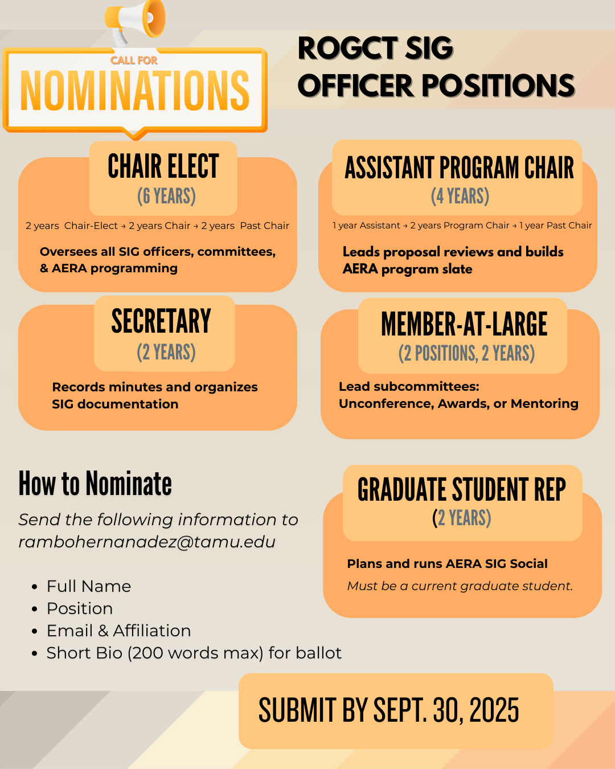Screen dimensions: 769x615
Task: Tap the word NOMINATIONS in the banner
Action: pyautogui.click(x=135, y=91)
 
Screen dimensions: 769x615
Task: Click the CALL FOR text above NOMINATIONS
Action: pyautogui.click(x=134, y=60)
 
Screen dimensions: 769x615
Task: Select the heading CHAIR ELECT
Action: pyautogui.click(x=163, y=166)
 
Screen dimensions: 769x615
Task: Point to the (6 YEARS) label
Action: pyautogui.click(x=166, y=197)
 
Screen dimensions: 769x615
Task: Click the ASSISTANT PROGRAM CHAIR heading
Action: pyautogui.click(x=459, y=168)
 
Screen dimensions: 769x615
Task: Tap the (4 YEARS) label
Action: pyautogui.click(x=460, y=197)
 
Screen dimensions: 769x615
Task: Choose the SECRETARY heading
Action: pyautogui.click(x=161, y=321)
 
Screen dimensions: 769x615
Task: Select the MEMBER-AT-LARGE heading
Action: pyautogui.click(x=464, y=325)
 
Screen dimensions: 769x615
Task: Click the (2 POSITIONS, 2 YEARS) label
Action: pyautogui.click(x=466, y=354)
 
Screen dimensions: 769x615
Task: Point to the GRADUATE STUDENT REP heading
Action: pyautogui.click(x=461, y=490)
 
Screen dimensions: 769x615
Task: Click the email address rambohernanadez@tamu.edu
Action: pyautogui.click(x=147, y=542)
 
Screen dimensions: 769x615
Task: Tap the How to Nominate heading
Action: pyautogui.click(x=95, y=484)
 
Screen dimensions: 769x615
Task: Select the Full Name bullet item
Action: pyautogui.click(x=89, y=586)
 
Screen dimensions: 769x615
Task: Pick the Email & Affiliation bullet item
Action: pyautogui.click(x=118, y=631)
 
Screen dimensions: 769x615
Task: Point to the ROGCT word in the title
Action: pyautogui.click(x=347, y=48)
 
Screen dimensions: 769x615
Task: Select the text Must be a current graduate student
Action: pyautogui.click(x=460, y=586)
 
